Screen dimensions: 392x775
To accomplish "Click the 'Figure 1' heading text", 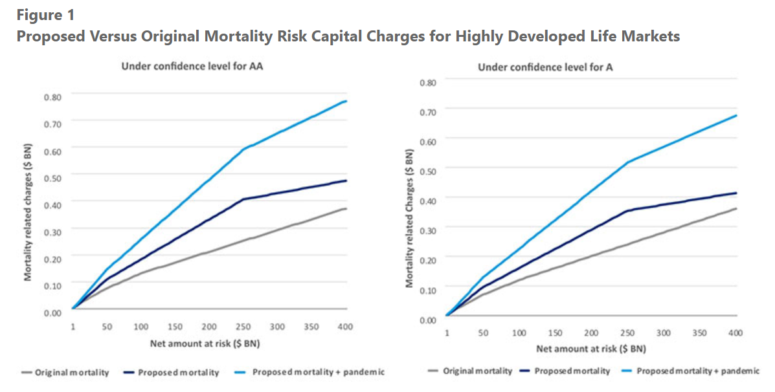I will pyautogui.click(x=45, y=14).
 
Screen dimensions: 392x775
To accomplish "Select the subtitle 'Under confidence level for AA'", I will pyautogui.click(x=192, y=67).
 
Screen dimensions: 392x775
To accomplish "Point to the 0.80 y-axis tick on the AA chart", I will pyautogui.click(x=53, y=97).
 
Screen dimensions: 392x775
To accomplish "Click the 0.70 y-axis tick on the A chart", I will pyautogui.click(x=428, y=112).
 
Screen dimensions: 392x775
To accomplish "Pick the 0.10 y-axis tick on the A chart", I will pyautogui.click(x=428, y=290).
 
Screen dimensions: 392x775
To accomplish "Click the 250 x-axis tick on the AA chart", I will pyautogui.click(x=243, y=327).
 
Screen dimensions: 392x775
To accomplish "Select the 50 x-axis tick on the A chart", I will pyautogui.click(x=483, y=332).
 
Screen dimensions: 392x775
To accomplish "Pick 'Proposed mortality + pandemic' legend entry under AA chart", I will pyautogui.click(x=319, y=372).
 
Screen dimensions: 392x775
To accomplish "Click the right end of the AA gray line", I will pyautogui.click(x=346, y=208).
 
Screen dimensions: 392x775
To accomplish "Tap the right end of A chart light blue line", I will pyautogui.click(x=736, y=115).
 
